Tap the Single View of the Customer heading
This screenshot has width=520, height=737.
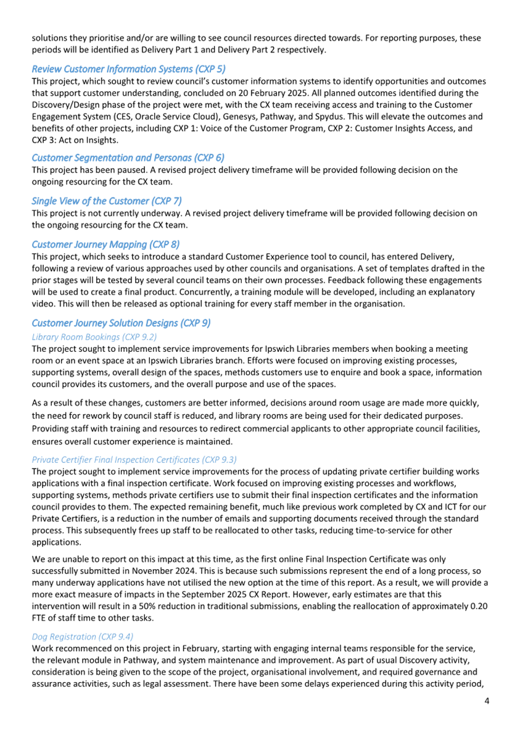click(x=106, y=201)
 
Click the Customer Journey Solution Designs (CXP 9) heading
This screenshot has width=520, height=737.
click(x=121, y=323)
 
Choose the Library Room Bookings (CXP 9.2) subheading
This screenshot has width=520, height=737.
click(x=94, y=336)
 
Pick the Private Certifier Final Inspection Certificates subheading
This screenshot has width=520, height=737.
click(x=134, y=459)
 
